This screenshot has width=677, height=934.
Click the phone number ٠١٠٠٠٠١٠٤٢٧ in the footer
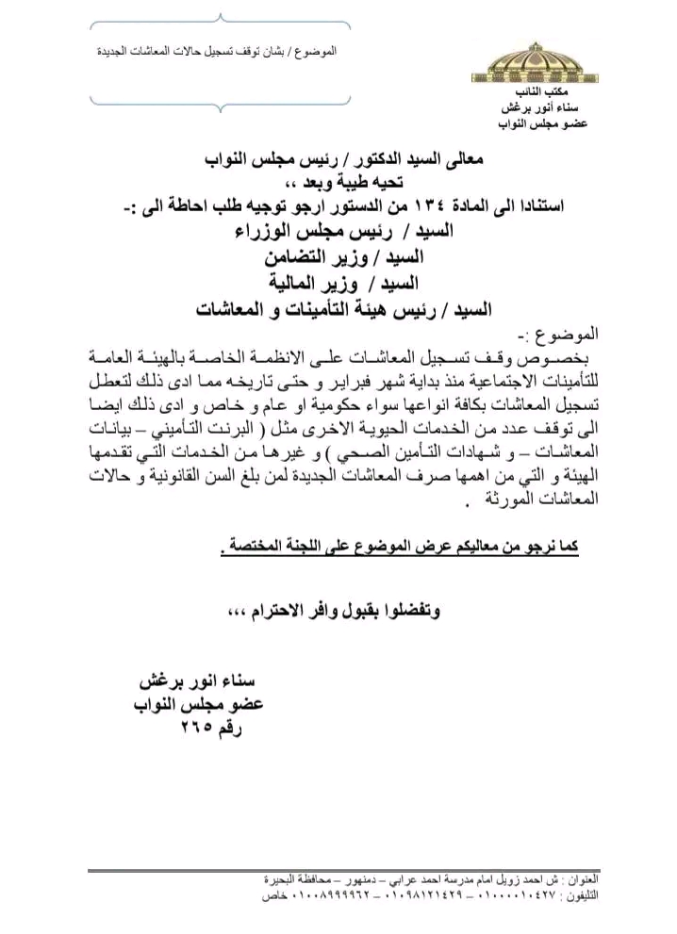coord(479,893)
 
